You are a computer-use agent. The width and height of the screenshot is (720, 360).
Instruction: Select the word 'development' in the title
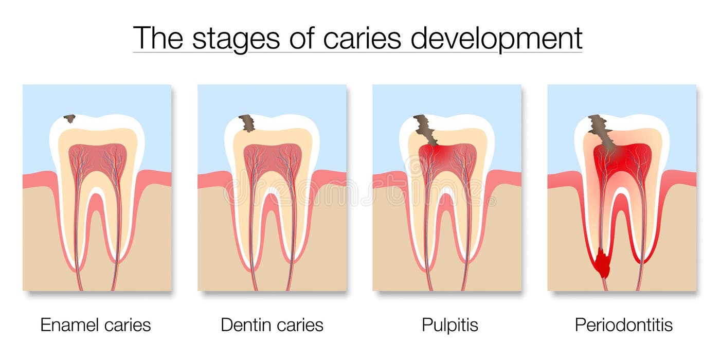[x=496, y=38]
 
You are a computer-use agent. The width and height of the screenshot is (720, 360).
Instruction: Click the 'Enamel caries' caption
[x=96, y=325]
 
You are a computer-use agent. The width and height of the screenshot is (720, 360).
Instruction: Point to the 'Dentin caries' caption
[x=272, y=325]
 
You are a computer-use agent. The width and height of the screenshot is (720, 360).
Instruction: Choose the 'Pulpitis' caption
[x=450, y=325]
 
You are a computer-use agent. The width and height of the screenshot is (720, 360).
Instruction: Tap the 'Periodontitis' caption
[x=624, y=325]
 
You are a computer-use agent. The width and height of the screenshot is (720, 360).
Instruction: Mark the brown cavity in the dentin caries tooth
[x=247, y=123]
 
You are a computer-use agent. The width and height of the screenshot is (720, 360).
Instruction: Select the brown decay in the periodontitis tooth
[x=601, y=132]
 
